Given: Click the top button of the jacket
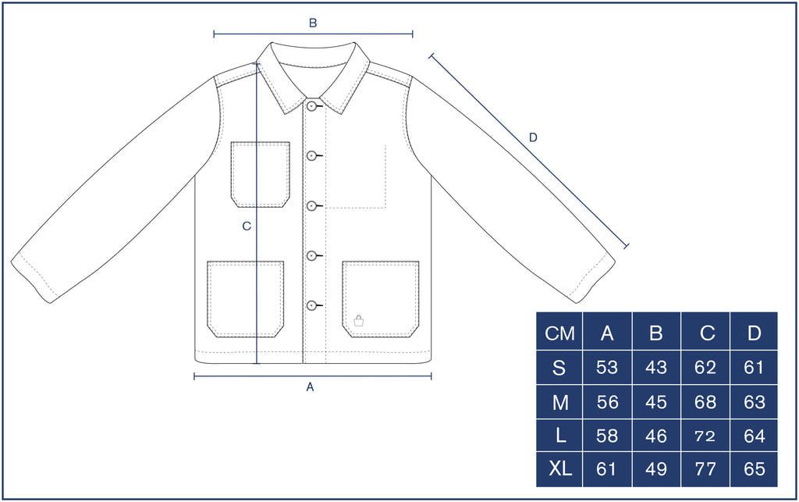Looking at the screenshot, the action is [x=311, y=106].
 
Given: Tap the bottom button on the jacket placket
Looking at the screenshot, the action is [x=311, y=305].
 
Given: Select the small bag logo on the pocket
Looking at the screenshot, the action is [x=359, y=320].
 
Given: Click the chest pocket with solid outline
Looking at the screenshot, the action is [x=261, y=175].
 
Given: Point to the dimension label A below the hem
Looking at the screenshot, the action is [x=310, y=387].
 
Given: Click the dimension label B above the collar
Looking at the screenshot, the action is [x=313, y=23].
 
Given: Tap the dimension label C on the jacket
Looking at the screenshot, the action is [x=247, y=226].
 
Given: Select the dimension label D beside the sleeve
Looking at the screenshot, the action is [x=533, y=137].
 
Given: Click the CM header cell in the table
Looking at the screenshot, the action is [x=559, y=333].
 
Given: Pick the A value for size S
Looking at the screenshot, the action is [x=607, y=368].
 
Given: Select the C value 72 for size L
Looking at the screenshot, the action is [x=705, y=436].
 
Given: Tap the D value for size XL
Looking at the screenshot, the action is [x=755, y=469].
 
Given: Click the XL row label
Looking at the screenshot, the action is [x=560, y=469].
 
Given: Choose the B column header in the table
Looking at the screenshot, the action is [x=655, y=333].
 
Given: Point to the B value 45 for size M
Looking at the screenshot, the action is [x=655, y=403].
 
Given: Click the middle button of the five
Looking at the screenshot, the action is [x=311, y=205].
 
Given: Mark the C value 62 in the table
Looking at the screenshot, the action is [x=705, y=368].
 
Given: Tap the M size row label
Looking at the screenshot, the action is [x=560, y=403].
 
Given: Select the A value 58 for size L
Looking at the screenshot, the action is [x=607, y=436].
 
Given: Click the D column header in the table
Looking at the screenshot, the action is [x=755, y=333].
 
